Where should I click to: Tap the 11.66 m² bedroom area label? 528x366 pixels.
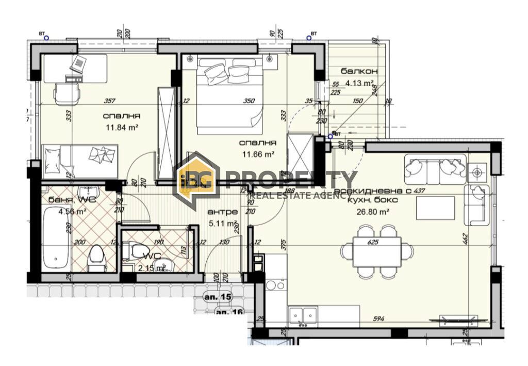pos(258,153)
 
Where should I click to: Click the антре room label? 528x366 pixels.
pos(222,212)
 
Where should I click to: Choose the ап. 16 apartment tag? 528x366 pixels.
pos(229,312)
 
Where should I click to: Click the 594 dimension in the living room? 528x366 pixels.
pos(378,319)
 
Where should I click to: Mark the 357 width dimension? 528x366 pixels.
pos(109,101)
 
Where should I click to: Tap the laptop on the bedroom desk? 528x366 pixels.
pos(78,64)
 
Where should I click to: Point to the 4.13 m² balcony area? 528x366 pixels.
pos(359,83)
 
